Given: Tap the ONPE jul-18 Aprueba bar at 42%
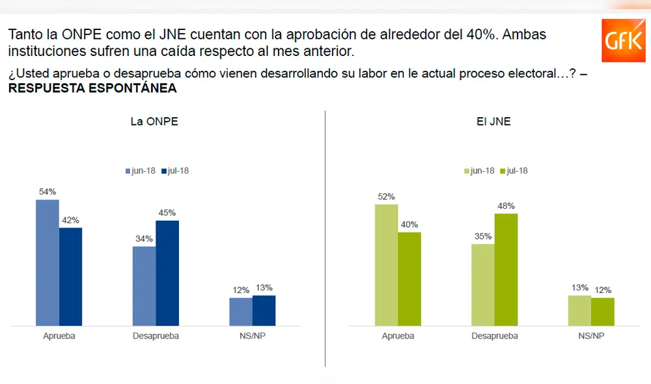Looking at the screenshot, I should tap(70, 277).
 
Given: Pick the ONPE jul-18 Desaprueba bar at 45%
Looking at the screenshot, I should tap(167, 273).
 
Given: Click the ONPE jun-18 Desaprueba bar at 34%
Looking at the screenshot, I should tap(145, 286).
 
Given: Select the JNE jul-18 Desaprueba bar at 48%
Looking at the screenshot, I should tap(506, 269).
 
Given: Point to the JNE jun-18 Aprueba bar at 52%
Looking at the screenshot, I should tap(386, 265).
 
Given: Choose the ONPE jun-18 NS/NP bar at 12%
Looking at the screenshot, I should tap(241, 311).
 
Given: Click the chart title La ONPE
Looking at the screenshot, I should tap(154, 122).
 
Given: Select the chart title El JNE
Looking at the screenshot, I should tap(495, 122).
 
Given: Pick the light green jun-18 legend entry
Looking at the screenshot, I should tap(479, 171).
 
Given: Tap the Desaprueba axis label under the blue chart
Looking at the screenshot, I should tap(156, 336).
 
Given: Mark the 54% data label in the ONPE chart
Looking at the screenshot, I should tap(48, 191).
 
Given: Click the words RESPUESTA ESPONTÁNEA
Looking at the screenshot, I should tap(92, 89).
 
